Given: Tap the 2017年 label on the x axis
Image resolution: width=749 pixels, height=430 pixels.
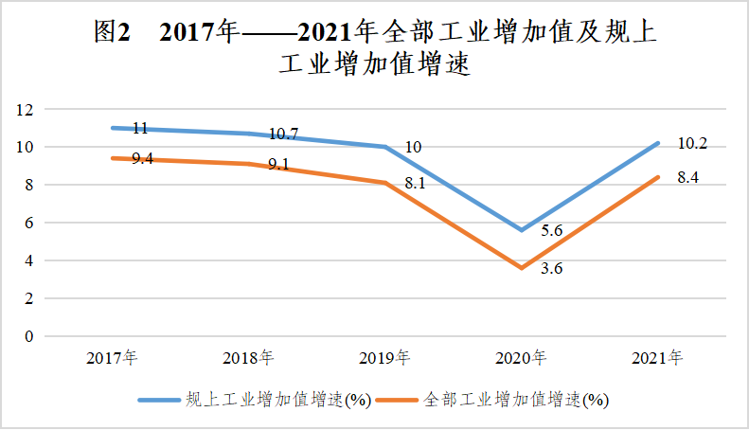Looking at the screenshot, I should point(112,359).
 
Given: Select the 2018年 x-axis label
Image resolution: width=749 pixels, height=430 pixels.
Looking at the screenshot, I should point(248,359).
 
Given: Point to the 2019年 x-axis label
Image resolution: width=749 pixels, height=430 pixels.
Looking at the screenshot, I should point(384,359).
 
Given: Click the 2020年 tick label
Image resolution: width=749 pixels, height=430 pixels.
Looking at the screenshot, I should point(521,359).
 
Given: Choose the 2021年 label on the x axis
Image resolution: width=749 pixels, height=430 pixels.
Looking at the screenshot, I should point(657,359).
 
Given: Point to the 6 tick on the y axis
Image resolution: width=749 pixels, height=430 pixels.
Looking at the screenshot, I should point(29,223).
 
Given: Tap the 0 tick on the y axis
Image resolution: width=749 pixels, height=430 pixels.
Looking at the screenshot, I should point(29,336).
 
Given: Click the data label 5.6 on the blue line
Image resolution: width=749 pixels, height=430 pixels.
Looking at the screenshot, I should point(552,229).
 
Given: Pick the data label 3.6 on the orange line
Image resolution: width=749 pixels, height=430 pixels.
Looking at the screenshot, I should point(552,269).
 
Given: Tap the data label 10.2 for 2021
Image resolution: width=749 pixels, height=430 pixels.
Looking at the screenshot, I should point(692,144).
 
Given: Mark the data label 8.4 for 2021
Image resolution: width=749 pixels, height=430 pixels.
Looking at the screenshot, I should point(688,177).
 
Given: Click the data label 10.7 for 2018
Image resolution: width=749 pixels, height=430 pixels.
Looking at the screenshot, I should point(284,134).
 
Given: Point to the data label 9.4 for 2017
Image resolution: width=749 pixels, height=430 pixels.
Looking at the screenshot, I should point(142,159).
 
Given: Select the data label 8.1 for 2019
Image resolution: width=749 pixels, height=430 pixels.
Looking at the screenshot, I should point(415,184).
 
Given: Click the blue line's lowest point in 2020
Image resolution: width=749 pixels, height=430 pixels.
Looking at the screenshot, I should point(521,230).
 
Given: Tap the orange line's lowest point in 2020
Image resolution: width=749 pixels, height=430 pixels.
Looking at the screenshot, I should point(521,268).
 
